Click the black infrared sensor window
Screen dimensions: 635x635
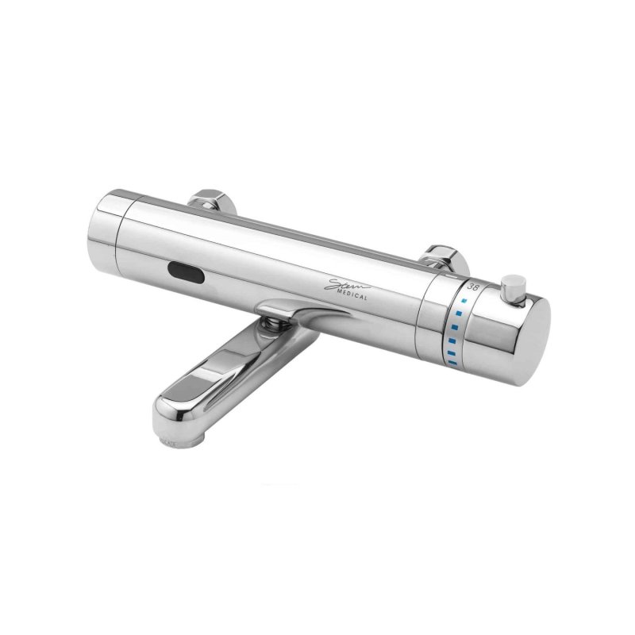[x=187, y=274]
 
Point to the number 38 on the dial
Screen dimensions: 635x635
[x=473, y=286]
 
